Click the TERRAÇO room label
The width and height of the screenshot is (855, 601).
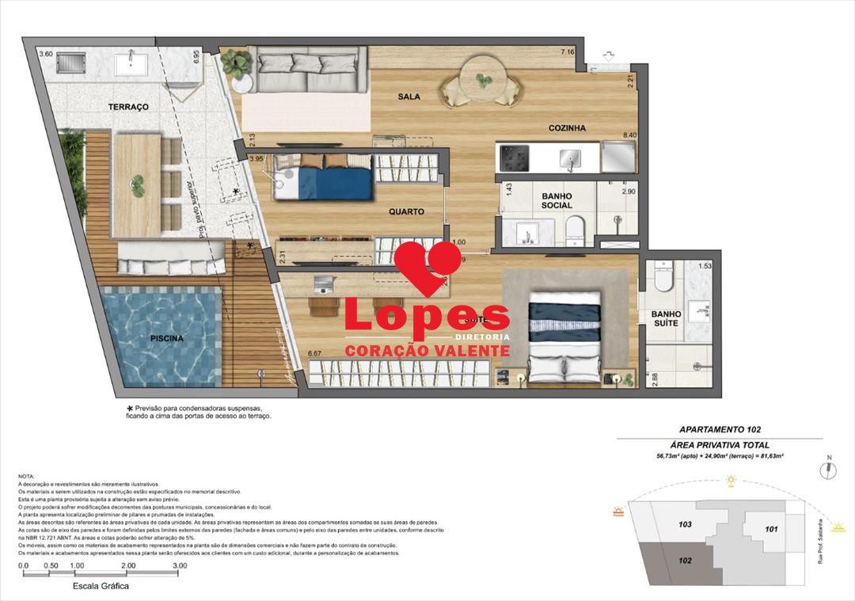click(129, 107)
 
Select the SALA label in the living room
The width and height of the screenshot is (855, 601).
click(409, 97)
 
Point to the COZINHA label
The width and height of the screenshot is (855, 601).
click(567, 127)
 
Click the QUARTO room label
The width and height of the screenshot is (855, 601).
click(407, 212)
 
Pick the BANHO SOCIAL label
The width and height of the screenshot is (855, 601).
click(557, 200)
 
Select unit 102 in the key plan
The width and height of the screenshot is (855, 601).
click(686, 559)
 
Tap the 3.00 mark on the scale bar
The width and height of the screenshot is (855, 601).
click(180, 566)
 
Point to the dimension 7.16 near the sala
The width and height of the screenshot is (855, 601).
click(567, 52)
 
